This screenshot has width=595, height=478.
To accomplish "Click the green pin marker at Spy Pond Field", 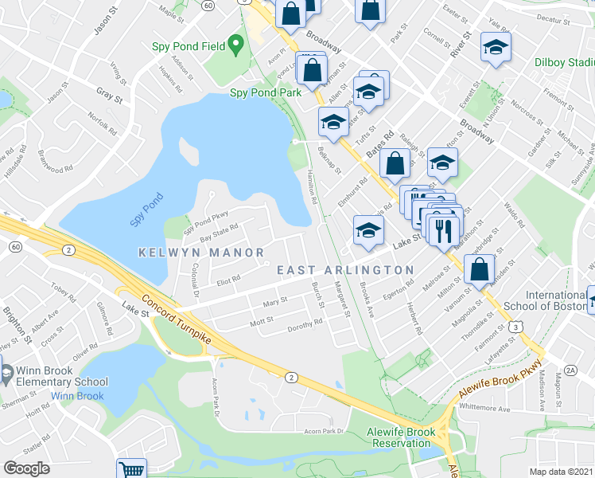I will coord(235,45).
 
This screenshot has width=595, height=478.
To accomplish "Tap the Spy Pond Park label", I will coord(266,92).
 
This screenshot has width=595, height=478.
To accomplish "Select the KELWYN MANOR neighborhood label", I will coord(201,253).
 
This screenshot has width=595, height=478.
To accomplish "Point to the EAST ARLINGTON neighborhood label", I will coord(345,271).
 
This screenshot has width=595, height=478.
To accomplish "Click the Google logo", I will coord(26,468).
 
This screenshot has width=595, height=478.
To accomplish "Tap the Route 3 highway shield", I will coord(517,326).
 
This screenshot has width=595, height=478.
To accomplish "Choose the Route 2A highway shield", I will coord(570,370).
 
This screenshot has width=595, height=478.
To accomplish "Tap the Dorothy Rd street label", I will coord(305,323).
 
